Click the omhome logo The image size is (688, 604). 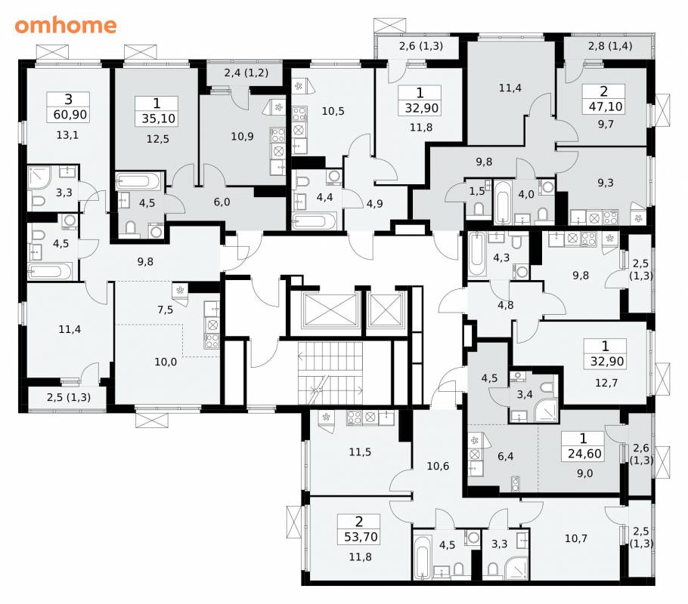pos(66,26)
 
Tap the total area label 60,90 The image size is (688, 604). pos(70,115)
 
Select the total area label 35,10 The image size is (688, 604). pos(159,119)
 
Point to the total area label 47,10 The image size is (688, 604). pos(605,106)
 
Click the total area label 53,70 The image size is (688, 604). pos(361,537)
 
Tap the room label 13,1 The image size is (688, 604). pos(67,135)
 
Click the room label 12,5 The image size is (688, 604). pos(157,140)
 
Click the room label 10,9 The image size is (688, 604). pos(242,137)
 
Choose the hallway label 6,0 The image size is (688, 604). pos(222,202)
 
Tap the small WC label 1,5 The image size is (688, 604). pos(477,191)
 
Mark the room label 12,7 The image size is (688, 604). pos(606,383)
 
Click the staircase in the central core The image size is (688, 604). pos(330,374)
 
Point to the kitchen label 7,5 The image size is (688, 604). pos(165,310)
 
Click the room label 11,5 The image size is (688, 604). pos(360,452)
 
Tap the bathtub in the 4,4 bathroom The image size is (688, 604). pos(315,221)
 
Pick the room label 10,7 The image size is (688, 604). pos(575,538)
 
